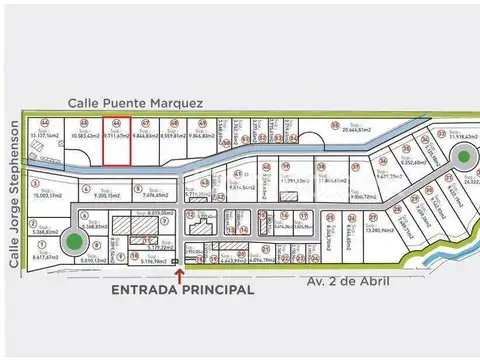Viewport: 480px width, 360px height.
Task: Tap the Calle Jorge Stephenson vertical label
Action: pos(15,196)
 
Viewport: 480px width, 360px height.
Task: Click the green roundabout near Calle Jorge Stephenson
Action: pos(72,241)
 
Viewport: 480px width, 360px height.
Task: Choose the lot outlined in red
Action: pos(117,142)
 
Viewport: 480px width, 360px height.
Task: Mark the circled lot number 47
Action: pos(146,123)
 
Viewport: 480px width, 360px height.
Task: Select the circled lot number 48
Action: pos(174,123)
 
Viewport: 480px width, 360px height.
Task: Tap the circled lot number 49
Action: pos(202,123)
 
